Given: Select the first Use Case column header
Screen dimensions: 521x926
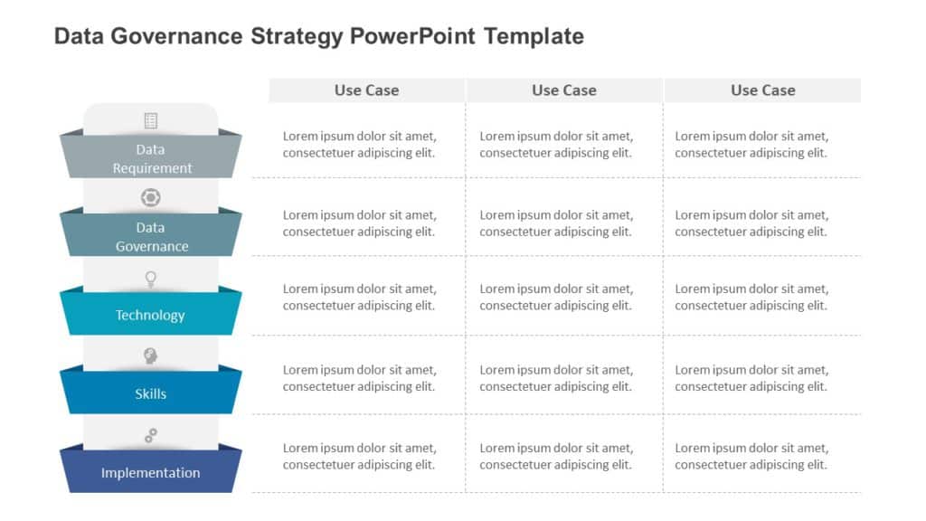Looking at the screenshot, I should [366, 90].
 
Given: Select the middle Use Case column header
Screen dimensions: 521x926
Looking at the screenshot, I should [564, 90].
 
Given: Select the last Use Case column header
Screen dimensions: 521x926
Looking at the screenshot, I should [762, 90].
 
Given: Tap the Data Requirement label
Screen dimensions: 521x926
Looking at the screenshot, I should [151, 158].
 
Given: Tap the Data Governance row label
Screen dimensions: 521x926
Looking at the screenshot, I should [151, 237].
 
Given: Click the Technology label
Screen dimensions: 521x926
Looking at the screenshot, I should [150, 315].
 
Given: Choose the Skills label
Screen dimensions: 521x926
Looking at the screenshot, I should [150, 393].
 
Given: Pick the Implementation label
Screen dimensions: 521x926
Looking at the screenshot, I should [150, 472].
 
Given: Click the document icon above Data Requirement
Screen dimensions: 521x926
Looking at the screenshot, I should [151, 120].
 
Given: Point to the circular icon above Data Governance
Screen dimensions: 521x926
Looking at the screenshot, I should [151, 197].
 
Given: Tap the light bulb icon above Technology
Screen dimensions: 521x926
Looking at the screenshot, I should [151, 278].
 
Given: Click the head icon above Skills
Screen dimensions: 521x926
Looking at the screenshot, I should [151, 356].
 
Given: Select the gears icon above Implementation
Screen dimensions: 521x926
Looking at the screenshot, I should [151, 435].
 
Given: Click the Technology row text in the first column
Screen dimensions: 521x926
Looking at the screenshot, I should [360, 298].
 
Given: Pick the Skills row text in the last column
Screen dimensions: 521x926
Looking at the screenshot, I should [751, 378].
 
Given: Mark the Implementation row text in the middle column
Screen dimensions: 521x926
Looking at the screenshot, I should [556, 457].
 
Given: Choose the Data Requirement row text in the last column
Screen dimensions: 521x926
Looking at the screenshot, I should [751, 145].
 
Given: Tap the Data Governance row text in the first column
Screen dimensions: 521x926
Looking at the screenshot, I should [360, 223].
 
